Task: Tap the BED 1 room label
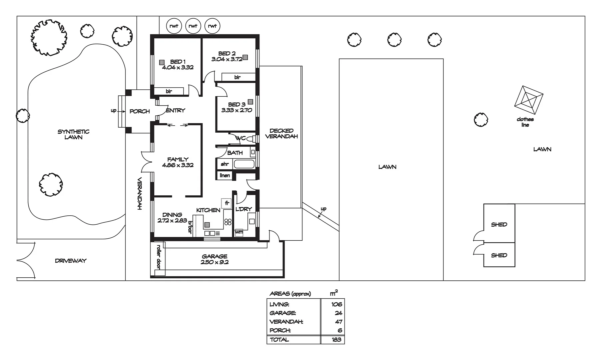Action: (x=177, y=62)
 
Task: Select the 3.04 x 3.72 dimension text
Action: (x=227, y=59)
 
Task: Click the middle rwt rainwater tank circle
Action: (x=193, y=26)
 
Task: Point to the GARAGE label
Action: (x=214, y=256)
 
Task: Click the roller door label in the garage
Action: (x=159, y=257)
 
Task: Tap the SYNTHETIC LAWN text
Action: (x=73, y=134)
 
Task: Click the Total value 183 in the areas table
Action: (x=336, y=340)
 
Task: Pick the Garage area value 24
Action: (x=338, y=313)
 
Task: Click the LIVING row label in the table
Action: (x=279, y=304)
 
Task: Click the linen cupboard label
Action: (x=225, y=175)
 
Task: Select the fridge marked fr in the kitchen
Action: (x=226, y=203)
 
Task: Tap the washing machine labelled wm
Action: (x=239, y=232)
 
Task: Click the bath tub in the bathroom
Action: (x=244, y=164)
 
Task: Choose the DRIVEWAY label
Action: (x=70, y=261)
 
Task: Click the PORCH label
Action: (x=139, y=111)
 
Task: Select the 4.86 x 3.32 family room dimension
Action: (x=177, y=165)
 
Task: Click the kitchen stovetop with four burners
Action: (x=228, y=222)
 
